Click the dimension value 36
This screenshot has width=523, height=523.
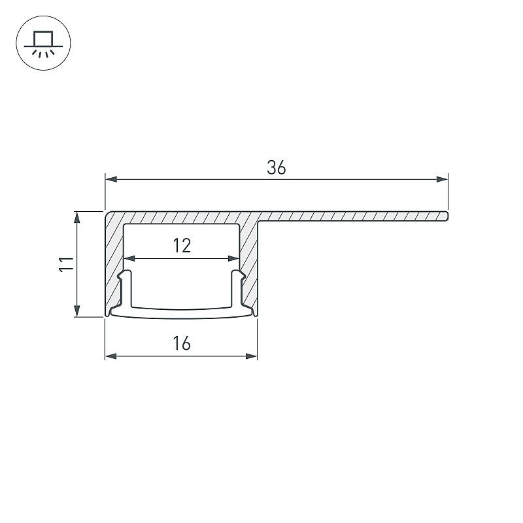276,168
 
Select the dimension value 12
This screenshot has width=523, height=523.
182,246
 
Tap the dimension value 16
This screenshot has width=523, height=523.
182,343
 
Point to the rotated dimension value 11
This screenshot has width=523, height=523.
67,264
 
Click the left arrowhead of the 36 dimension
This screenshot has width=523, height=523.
111,179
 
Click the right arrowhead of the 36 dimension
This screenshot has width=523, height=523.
443,179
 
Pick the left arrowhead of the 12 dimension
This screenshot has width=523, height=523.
129,258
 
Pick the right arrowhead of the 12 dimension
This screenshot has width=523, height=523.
234,258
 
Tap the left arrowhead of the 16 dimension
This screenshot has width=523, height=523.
111,356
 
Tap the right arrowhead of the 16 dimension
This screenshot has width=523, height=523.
252,356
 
